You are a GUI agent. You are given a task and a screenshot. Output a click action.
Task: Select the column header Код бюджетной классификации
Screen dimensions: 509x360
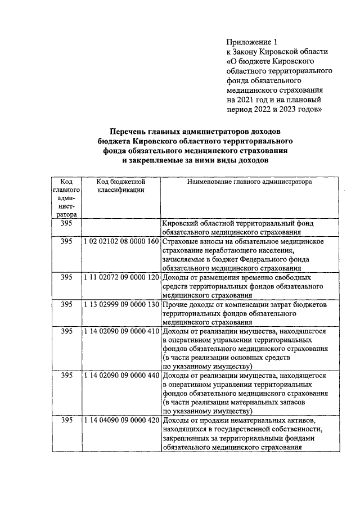pyautogui.click(x=121, y=186)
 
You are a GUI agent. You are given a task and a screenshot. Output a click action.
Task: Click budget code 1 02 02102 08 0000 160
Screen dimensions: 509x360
pyautogui.click(x=121, y=241)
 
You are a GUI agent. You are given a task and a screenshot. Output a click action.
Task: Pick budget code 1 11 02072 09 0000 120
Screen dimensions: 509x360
pyautogui.click(x=121, y=277)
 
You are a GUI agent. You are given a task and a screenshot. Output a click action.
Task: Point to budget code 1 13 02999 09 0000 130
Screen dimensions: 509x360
pyautogui.click(x=121, y=304)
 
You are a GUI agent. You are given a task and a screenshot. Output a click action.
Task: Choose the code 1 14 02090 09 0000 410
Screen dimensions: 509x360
pyautogui.click(x=121, y=331)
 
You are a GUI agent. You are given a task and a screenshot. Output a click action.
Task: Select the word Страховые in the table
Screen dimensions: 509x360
pyautogui.click(x=179, y=241)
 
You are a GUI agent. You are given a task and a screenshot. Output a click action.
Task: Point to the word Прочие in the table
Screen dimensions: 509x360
pyautogui.click(x=173, y=304)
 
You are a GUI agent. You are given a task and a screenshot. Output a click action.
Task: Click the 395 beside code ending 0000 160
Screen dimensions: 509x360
pyautogui.click(x=66, y=241)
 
